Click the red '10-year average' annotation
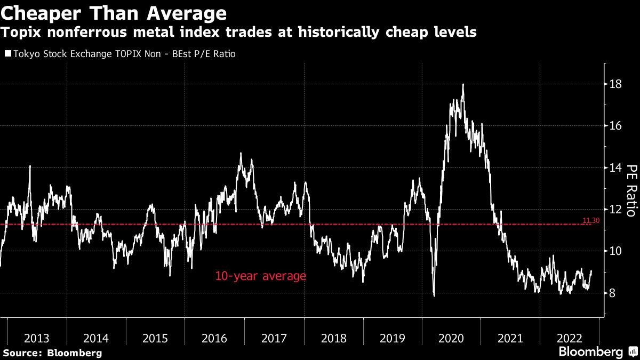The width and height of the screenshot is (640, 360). click(x=260, y=276)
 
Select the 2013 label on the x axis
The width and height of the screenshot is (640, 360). click(x=37, y=338)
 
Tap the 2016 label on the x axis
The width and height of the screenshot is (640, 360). click(x=214, y=338)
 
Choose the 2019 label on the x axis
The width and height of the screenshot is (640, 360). click(x=392, y=338)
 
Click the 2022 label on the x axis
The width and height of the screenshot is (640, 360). click(x=569, y=338)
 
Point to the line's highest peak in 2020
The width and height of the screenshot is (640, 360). click(x=462, y=84)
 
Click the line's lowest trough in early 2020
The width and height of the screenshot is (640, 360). click(x=434, y=295)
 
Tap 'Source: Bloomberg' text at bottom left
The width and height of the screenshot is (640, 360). click(x=52, y=353)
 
